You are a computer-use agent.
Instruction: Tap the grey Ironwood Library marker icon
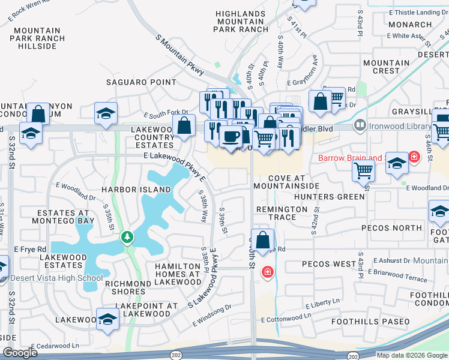point(360,126)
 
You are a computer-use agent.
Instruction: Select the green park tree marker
point(127,238)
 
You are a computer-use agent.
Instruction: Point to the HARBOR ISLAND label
point(128,190)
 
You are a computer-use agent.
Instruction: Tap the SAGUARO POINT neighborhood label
point(142,82)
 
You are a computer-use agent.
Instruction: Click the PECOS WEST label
point(329,264)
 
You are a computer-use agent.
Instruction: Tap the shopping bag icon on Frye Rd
point(263,240)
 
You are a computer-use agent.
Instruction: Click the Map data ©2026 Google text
point(411,355)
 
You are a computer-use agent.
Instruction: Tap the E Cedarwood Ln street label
point(55,346)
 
